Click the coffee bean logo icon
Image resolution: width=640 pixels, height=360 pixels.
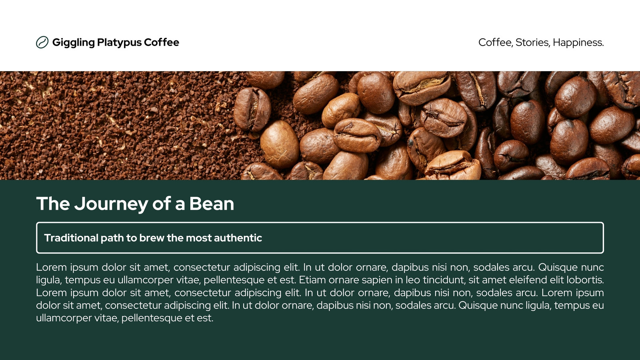pos(42,42)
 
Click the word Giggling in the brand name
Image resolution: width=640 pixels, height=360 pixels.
pos(74,42)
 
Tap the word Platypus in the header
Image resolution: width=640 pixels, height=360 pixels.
pos(120,42)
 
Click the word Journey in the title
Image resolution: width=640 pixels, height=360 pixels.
pos(111,204)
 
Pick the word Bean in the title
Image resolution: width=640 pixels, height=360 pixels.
pos(212,204)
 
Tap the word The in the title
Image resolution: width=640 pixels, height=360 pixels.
pos(53,204)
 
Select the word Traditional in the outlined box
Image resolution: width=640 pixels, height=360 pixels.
pos(72,238)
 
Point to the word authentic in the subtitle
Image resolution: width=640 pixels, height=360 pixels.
pos(238,238)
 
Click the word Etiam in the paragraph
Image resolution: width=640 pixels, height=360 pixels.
pos(312,280)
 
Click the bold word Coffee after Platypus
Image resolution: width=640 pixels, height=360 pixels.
pos(162,42)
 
